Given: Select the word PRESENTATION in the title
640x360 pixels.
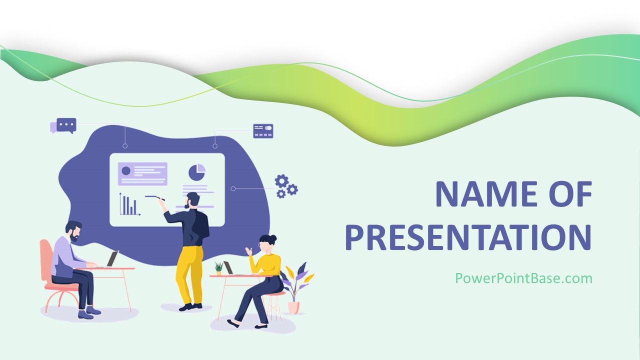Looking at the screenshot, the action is coord(468,237).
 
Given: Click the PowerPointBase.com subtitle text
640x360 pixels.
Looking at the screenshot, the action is coord(523,278).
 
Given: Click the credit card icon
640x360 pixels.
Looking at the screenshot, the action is coord(263,131).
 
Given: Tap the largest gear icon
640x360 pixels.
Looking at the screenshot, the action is coord(281,181).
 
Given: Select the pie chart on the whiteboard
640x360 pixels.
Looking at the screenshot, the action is coord(197,172).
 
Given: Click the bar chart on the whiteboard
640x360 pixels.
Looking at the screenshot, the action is coord(129,204).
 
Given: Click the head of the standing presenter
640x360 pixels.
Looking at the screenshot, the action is coord(192,200).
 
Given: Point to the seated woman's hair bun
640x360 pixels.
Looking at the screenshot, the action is coord(273,237).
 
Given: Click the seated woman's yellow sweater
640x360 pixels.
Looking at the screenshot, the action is coord(265,264).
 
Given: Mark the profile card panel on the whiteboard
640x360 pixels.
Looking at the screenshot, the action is coord(142,173).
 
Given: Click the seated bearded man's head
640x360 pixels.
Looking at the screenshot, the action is coord(73,231).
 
